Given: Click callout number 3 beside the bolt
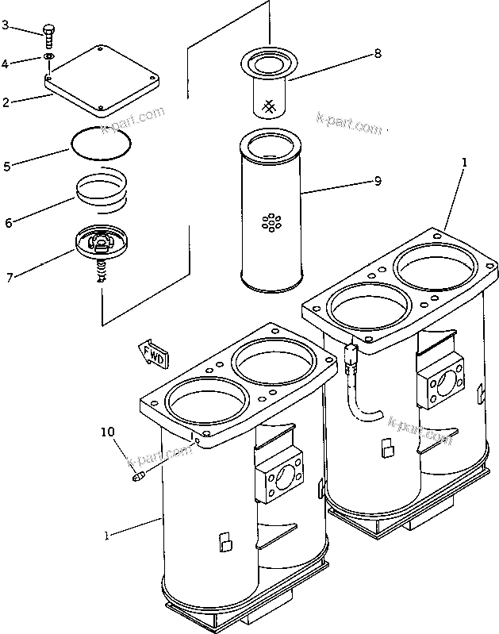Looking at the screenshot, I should [x=6, y=25].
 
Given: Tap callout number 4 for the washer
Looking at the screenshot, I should [x=6, y=63].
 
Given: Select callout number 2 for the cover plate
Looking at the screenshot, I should [x=6, y=102].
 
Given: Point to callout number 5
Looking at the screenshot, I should [x=7, y=167].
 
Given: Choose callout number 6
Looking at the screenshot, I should [x=8, y=223].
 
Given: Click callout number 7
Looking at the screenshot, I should [x=9, y=278].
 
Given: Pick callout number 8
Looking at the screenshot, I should [x=378, y=54].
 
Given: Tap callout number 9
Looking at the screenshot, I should [x=378, y=181].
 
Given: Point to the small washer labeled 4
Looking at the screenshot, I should [x=49, y=57].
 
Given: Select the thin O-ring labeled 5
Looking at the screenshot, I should [x=101, y=144].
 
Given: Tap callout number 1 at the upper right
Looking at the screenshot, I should [x=465, y=163].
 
